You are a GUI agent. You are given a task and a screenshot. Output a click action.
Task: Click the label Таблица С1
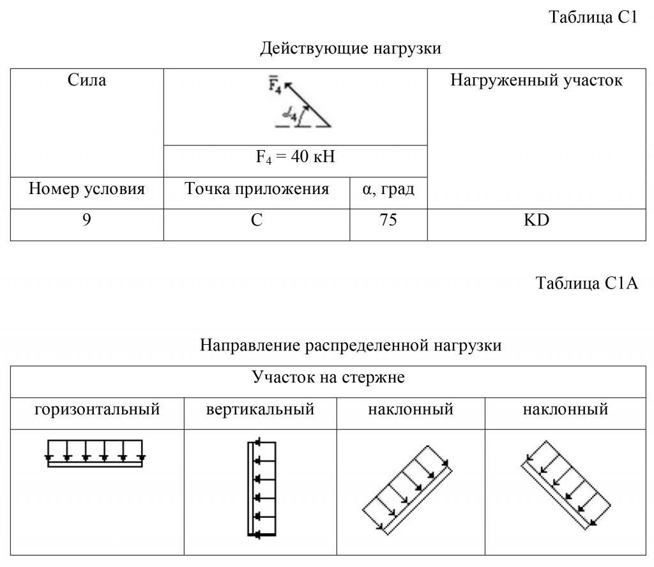pyautogui.click(x=593, y=18)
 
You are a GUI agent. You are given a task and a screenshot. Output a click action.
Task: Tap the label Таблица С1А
pyautogui.click(x=587, y=283)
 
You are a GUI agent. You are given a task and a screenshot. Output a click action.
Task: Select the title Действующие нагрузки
pyautogui.click(x=351, y=49)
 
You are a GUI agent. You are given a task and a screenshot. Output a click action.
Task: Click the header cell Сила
pyautogui.click(x=87, y=80)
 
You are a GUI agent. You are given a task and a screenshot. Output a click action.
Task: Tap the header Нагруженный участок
pyautogui.click(x=536, y=80)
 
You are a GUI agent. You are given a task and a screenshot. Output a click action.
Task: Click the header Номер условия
pyautogui.click(x=87, y=189)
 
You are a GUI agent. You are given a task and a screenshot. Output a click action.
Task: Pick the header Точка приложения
pyautogui.click(x=257, y=189)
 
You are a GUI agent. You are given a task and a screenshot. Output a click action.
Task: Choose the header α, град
pyautogui.click(x=388, y=189)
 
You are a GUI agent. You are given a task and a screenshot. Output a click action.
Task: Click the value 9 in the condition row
pyautogui.click(x=87, y=220)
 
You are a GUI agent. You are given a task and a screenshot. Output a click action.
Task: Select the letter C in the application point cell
pyautogui.click(x=257, y=220)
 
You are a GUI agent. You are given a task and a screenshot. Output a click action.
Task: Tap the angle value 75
pyautogui.click(x=388, y=220)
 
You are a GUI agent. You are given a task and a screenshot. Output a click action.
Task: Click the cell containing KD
pyautogui.click(x=536, y=220)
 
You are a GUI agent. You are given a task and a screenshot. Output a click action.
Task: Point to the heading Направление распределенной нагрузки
pyautogui.click(x=351, y=345)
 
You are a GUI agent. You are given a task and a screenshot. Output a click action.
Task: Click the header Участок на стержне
pyautogui.click(x=328, y=377)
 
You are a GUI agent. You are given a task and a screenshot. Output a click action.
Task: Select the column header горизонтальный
pyautogui.click(x=97, y=409)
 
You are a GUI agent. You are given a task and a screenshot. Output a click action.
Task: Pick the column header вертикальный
pyautogui.click(x=260, y=409)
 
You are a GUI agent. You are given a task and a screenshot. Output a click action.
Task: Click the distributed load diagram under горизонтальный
pyautogui.click(x=95, y=453)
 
